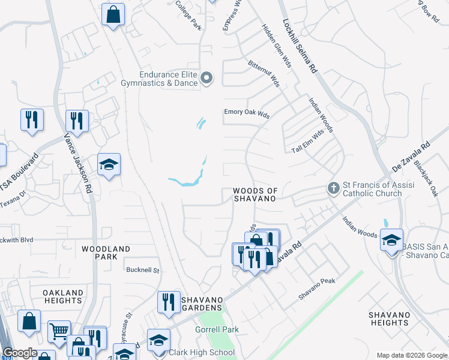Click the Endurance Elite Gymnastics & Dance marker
207,78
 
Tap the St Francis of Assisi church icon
333,188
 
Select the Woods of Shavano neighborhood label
256,194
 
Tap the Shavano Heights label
389,319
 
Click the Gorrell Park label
217,329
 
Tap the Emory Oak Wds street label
247,112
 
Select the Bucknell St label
142,270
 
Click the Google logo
20,353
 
